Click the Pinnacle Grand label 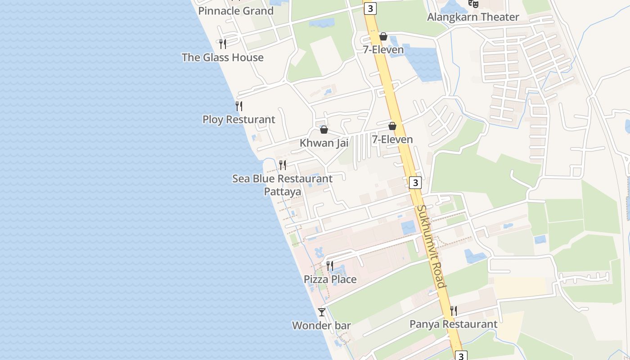tap(236, 11)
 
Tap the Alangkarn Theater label tap(473, 17)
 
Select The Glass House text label tap(222, 57)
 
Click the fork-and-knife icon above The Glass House tap(222, 44)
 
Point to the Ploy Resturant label tap(238, 119)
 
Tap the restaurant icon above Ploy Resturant tap(239, 106)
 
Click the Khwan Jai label tap(324, 143)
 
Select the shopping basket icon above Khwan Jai tap(324, 130)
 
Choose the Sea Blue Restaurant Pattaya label tap(282, 184)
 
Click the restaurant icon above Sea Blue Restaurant tap(283, 165)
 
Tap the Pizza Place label tap(330, 279)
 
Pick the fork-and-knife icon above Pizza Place tap(330, 266)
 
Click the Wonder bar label tap(321, 325)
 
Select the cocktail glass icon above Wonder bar tap(321, 312)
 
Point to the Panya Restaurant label tap(453, 324)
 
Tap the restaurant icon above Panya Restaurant tap(454, 311)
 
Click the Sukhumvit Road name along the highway tap(431, 246)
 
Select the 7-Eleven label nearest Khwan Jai tap(392, 139)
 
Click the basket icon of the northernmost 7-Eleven tap(383, 36)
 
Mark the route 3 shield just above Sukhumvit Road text tap(415, 183)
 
